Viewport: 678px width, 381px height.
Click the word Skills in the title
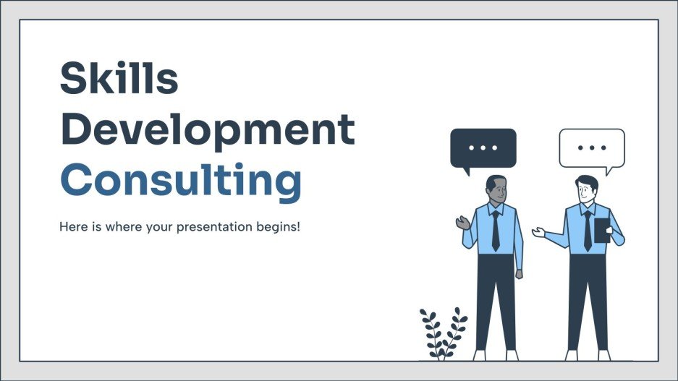(119, 79)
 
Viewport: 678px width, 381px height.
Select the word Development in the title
(207, 130)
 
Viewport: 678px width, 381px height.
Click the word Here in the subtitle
(72, 226)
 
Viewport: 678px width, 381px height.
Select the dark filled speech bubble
(483, 148)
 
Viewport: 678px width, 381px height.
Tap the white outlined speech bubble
(591, 148)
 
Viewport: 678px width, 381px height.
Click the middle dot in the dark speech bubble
(483, 147)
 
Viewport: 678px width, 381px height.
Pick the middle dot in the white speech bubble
(591, 147)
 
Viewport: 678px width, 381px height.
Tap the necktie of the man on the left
(496, 230)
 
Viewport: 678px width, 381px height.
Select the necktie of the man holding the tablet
(587, 230)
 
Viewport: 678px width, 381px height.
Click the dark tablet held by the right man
(601, 231)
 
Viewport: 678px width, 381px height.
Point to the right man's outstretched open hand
(538, 232)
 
